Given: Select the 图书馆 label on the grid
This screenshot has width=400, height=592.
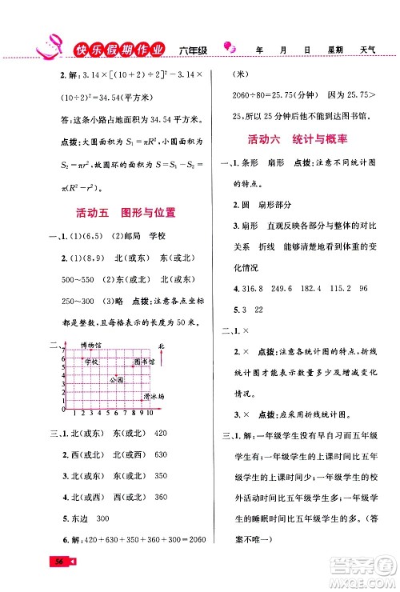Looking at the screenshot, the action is [145, 362].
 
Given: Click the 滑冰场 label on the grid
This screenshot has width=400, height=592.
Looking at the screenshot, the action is [154, 397].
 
